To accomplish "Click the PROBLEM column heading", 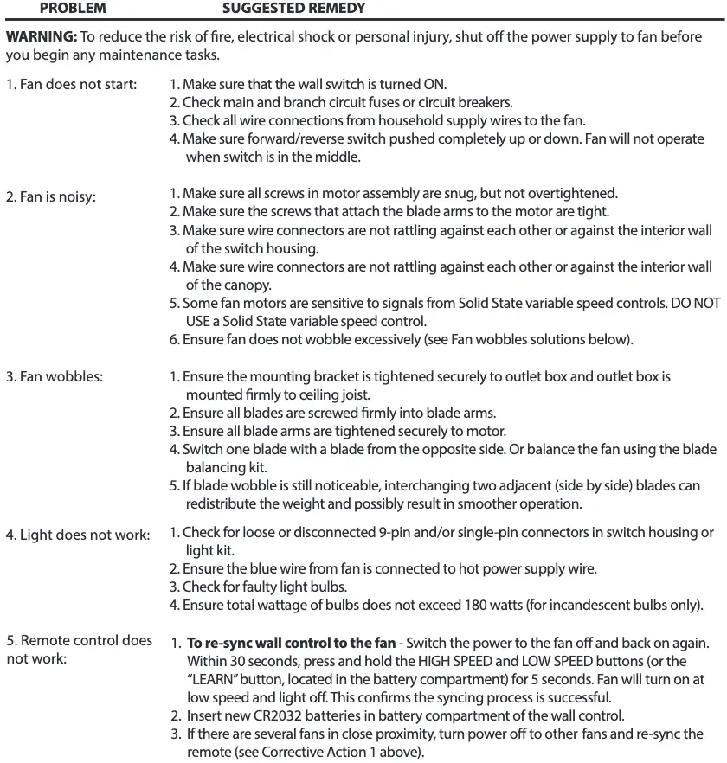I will (73, 9).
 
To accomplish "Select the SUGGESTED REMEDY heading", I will (293, 9).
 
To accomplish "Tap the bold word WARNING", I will (41, 39).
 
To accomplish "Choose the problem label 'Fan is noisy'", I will (51, 196).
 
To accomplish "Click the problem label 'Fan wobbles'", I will (55, 377).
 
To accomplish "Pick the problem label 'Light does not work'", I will (78, 535).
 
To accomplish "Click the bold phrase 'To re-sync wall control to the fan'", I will (292, 644).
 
